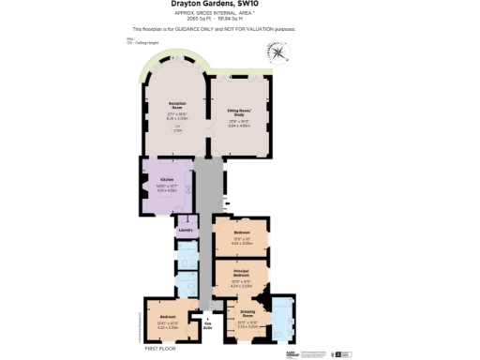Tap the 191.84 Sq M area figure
[255, 19]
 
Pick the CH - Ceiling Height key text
[155, 42]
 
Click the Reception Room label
[176, 106]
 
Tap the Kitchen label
[166, 178]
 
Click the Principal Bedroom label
[241, 275]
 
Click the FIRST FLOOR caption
[161, 347]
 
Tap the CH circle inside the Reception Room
[176, 129]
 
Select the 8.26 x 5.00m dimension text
[176, 118]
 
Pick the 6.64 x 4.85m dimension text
[239, 125]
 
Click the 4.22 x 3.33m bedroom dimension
[168, 326]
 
